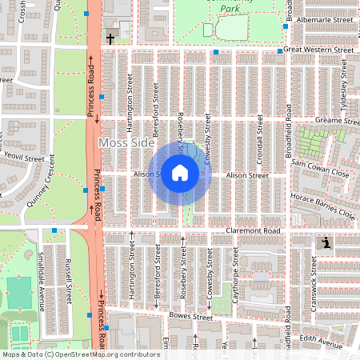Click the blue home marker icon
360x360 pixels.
click(180, 173)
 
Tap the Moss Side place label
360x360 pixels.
click(125, 142)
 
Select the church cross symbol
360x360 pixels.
click(110, 38)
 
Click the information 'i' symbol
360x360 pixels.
click(326, 243)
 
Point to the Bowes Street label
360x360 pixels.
click(190, 317)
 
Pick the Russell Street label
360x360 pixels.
click(69, 285)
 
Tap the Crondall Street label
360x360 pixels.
click(260, 134)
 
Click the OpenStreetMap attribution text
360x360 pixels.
click(80, 354)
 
